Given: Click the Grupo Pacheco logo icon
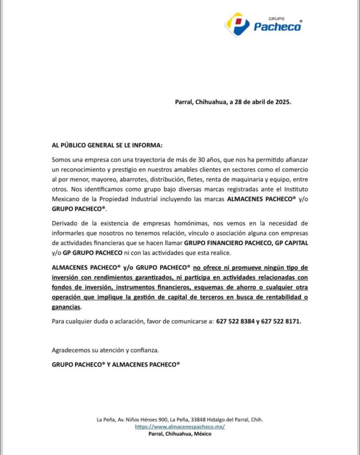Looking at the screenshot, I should pos(237,24).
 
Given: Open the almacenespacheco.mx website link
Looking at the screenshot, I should pos(180,427).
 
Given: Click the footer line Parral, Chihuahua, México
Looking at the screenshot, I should pos(180,434).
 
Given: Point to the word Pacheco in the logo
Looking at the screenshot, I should pos(277,27).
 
